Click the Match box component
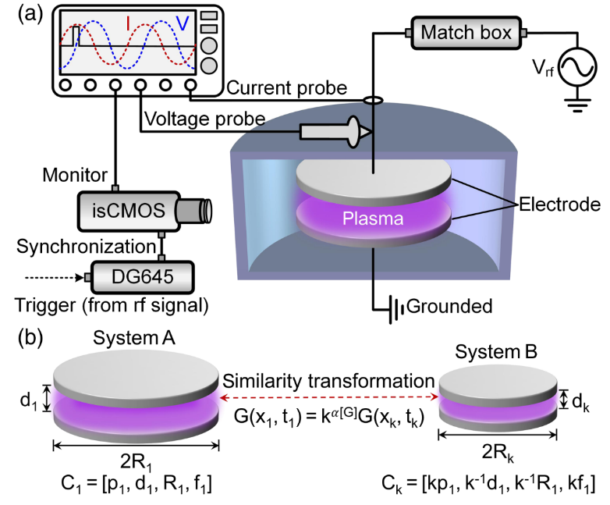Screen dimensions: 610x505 [466, 33]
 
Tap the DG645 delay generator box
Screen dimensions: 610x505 [143, 277]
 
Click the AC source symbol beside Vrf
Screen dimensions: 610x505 [577, 67]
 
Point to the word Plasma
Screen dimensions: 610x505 [373, 219]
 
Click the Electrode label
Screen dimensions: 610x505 [559, 204]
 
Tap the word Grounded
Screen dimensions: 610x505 [449, 306]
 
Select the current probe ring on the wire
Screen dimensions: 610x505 [373, 101]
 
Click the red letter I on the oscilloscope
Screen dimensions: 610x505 [128, 23]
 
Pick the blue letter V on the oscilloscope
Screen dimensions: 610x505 [183, 23]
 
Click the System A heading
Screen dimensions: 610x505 [134, 338]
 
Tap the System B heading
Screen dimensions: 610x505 [496, 351]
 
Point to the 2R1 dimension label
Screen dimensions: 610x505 [136, 463]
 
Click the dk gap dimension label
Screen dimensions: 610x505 [580, 402]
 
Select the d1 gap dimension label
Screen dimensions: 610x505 [29, 400]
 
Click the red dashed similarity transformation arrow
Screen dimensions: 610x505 [329, 397]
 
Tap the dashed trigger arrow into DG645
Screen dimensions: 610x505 [55, 278]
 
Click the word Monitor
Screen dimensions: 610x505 [75, 175]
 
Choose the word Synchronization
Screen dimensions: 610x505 [86, 247]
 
